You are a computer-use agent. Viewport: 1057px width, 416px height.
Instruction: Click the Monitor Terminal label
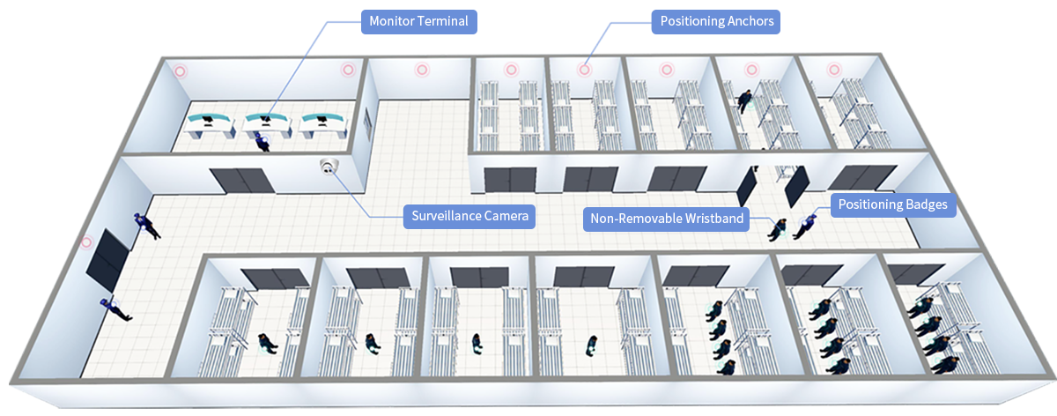(418, 21)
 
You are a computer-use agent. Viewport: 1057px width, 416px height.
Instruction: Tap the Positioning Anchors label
(717, 21)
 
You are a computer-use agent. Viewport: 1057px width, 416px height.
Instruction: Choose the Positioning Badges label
(892, 204)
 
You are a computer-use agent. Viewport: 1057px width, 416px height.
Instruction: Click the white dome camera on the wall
(329, 167)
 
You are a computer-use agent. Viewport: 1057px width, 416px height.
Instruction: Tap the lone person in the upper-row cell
(745, 100)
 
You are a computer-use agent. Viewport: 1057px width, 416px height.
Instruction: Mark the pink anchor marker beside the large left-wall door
(86, 241)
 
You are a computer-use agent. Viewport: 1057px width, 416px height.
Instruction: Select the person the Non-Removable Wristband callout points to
(778, 229)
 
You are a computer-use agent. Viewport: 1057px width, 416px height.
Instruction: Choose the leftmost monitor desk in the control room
(212, 123)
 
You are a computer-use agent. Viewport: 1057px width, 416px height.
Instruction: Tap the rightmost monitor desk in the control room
(322, 123)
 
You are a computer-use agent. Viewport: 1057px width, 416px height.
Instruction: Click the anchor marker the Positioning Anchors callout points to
(584, 70)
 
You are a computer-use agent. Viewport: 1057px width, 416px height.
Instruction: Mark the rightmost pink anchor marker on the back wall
(833, 70)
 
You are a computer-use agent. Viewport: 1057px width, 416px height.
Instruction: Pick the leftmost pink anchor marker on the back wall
(180, 71)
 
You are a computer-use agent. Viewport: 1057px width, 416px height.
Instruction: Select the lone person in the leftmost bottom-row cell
(267, 343)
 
